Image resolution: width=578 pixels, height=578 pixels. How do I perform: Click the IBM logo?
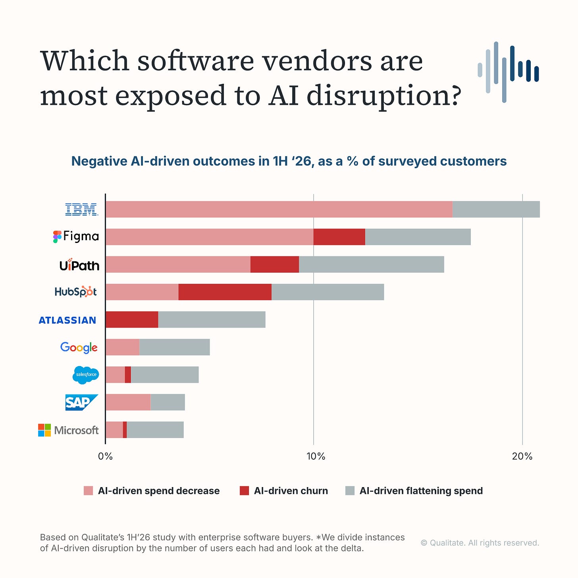[82, 209]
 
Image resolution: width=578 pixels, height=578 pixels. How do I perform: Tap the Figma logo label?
[76, 236]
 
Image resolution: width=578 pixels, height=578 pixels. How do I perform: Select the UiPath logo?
[79, 264]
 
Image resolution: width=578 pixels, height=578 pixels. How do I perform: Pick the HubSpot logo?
[75, 291]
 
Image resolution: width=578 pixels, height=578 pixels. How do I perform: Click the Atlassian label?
[67, 320]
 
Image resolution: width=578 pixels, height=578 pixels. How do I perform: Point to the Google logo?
[79, 348]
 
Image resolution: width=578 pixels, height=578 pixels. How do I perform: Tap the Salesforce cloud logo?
[86, 375]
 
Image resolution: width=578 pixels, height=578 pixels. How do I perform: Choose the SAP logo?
[82, 402]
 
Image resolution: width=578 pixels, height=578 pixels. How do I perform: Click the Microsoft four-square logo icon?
[44, 430]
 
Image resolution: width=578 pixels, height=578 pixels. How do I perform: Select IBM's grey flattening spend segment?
[496, 209]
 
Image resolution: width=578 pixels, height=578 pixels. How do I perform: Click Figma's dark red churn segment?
[339, 237]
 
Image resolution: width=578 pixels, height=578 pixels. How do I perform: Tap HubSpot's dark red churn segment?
[225, 292]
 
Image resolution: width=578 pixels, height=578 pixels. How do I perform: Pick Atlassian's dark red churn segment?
[132, 320]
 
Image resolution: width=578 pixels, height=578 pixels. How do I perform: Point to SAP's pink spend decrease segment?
[128, 402]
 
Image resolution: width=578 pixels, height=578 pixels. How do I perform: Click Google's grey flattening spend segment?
[175, 347]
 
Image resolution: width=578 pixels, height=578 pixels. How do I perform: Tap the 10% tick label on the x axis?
[316, 456]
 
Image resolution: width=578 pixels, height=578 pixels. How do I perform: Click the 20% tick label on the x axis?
[522, 456]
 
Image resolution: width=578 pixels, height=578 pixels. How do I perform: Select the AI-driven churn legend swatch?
[244, 491]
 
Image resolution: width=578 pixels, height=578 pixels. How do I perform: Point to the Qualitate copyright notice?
[480, 543]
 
